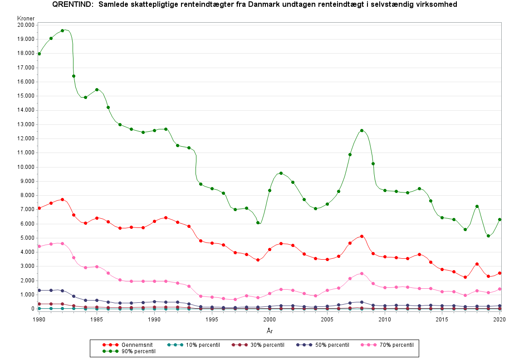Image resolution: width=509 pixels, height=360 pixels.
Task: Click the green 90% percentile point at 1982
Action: [x=62, y=31]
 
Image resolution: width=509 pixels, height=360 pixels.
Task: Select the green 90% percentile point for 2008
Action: [x=362, y=130]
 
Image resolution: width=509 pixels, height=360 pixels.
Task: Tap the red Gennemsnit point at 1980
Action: [x=39, y=208]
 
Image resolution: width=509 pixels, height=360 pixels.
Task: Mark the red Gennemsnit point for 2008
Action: [x=362, y=236]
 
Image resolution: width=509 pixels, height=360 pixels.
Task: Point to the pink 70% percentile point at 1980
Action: [x=39, y=246]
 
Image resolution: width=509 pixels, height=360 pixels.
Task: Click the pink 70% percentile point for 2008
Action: [x=362, y=273]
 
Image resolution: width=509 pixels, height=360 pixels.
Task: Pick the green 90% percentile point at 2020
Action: [x=499, y=219]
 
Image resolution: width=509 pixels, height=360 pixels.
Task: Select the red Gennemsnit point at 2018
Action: [x=477, y=264]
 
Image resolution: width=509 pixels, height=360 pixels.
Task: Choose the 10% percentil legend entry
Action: [x=201, y=345]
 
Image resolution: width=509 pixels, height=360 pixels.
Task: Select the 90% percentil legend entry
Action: [x=138, y=351]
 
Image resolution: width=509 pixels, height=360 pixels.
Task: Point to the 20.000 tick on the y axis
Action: [x=26, y=25]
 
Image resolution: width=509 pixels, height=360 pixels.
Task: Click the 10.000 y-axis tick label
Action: [x=26, y=167]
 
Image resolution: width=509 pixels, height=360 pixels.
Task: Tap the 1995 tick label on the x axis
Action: [x=212, y=319]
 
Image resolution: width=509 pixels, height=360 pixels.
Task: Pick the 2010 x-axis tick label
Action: [x=384, y=319]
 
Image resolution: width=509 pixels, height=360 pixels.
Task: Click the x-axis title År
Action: [x=269, y=331]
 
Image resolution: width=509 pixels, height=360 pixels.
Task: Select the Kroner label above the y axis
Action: [x=25, y=18]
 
